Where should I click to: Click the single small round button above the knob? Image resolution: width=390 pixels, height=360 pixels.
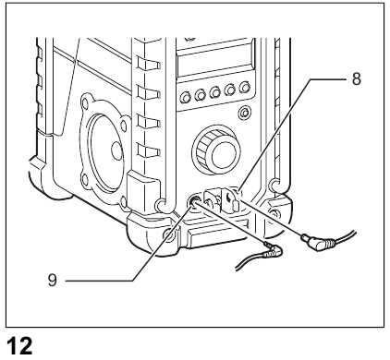244,114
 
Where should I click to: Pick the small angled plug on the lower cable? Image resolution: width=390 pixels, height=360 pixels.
271,250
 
